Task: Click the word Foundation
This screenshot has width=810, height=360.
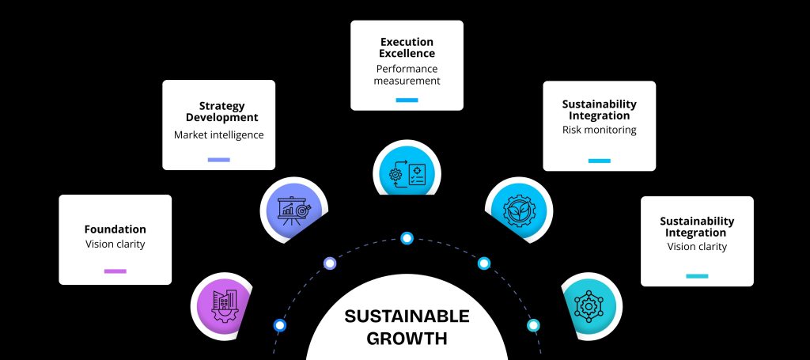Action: pos(115,229)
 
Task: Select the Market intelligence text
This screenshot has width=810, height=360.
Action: pos(218,135)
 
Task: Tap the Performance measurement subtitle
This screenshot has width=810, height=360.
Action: pos(407,75)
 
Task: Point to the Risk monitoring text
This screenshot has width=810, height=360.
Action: pos(599,130)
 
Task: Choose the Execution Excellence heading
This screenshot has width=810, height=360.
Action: pos(407,47)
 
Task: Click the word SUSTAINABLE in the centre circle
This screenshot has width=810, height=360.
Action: pos(407,317)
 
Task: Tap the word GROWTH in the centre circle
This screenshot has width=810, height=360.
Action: pos(407,339)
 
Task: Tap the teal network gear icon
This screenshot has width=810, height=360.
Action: pos(588,304)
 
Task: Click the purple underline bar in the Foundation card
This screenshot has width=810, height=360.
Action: pos(115,271)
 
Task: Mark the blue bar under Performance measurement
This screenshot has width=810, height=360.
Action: pos(407,100)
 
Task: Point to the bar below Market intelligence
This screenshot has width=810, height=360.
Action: pos(218,160)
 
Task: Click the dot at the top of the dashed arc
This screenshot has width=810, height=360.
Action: pos(407,237)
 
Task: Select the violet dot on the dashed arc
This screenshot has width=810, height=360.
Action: pos(330,263)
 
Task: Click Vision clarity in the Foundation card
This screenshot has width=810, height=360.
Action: pos(115,244)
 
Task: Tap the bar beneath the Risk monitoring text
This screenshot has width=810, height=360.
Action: pos(599,161)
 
